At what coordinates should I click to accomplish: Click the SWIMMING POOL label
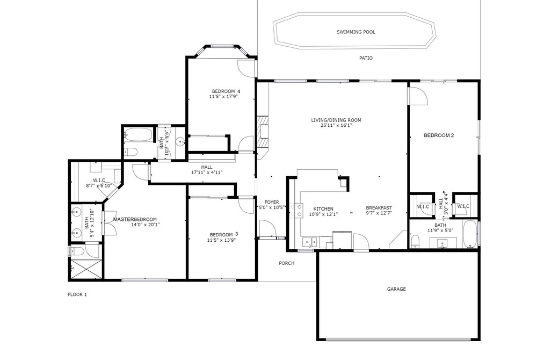point(356,32)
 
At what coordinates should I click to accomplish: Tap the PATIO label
point(366,58)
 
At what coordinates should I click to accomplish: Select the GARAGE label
point(396,289)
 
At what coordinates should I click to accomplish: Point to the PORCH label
point(287,263)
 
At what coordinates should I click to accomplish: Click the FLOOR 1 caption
point(77,294)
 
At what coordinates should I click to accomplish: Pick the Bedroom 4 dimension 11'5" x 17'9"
point(223,97)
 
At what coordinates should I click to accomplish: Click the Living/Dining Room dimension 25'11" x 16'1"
point(336,125)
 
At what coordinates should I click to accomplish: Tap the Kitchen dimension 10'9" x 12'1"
point(323,214)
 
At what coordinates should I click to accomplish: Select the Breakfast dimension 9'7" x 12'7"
point(379,213)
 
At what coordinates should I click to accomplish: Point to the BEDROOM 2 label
point(439,135)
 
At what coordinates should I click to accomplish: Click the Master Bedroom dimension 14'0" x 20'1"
point(145,225)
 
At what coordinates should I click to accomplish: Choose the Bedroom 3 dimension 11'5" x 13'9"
point(221,240)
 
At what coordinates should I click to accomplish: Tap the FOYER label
point(272,203)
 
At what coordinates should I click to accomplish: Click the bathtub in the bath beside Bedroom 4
point(138,135)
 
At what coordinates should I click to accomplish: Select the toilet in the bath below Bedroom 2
point(415,241)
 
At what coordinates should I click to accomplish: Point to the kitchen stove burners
point(296,211)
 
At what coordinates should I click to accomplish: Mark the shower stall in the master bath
point(85,268)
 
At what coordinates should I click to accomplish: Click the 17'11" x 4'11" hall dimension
point(207,172)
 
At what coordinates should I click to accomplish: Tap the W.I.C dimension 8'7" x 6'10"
point(99,186)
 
